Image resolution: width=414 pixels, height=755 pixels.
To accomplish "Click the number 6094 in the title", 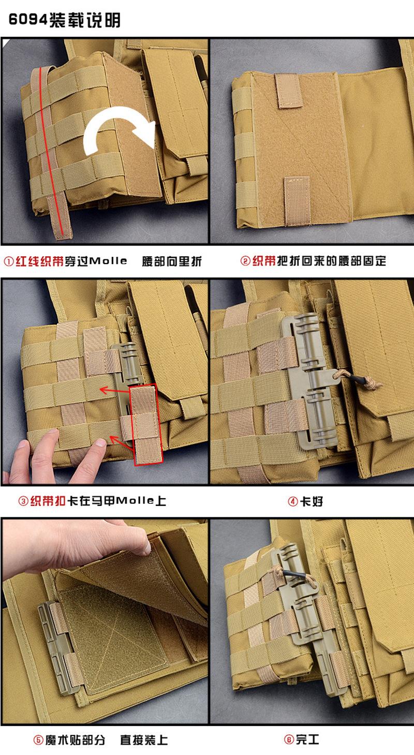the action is point(28,19).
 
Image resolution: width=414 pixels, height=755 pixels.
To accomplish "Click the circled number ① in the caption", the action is point(9,261).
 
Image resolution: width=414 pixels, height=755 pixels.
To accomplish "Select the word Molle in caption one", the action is point(108,261).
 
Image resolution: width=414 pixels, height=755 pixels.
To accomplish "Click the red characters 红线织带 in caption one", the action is point(39,261).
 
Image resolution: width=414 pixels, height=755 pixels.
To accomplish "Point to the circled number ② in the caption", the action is point(245,261).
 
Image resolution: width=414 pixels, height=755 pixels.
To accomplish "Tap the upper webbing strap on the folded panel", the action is point(288,90).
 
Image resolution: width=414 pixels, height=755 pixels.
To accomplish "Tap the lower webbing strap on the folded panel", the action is point(297,201).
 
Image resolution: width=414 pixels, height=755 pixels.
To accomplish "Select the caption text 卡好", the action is point(312,502).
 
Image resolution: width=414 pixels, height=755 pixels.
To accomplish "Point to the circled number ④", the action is point(292,502).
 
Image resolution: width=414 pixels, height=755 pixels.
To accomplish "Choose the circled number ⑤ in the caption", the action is point(38,740).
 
